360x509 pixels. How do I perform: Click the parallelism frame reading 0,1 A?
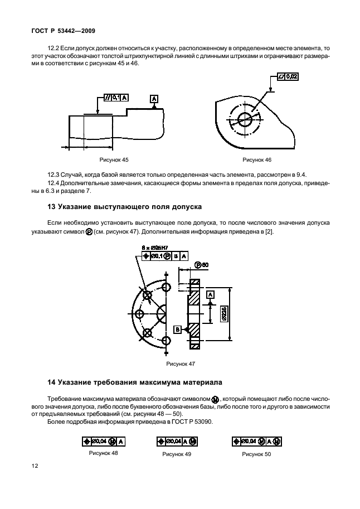(x=116, y=98)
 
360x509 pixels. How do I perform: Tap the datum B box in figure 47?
(x=177, y=329)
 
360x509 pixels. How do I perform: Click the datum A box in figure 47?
(x=210, y=293)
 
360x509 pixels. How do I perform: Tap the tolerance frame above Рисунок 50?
(x=257, y=441)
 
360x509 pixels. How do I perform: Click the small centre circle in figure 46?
(x=245, y=118)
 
